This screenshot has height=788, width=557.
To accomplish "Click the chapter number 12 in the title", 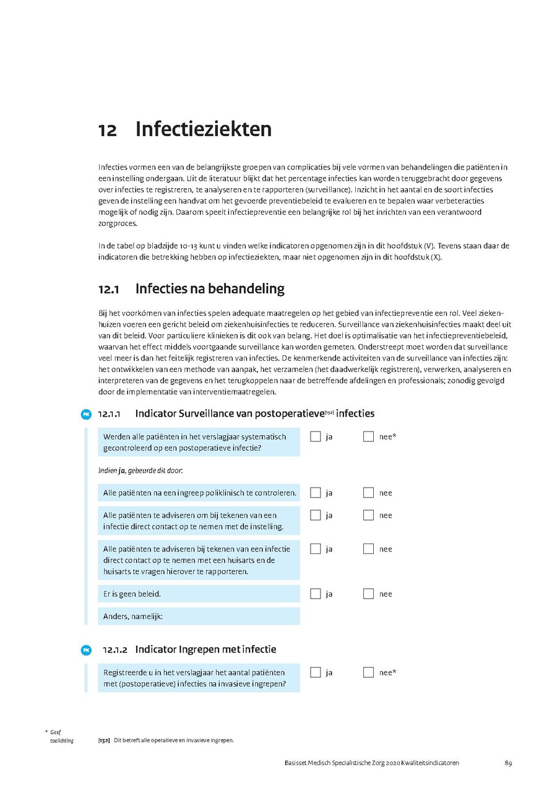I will click(107, 130).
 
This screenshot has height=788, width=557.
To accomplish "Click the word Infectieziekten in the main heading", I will click(203, 129).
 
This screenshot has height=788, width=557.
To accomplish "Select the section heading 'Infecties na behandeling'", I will click(209, 288).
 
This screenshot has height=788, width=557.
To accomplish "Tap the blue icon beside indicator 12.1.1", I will click(87, 413).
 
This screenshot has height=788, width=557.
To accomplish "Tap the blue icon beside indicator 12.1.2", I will click(87, 650).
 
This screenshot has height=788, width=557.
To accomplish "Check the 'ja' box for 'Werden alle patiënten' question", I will click(316, 436).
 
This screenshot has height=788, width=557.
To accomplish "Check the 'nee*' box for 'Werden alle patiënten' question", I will click(369, 436).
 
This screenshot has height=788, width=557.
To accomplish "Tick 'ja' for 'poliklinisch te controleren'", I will click(316, 493).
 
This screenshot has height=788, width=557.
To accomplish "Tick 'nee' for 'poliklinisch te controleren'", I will click(369, 493).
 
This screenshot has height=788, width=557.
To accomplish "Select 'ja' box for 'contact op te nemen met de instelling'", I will click(316, 515).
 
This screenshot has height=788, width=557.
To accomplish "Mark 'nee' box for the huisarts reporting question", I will click(369, 549).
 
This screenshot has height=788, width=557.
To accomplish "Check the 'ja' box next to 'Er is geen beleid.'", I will click(316, 594).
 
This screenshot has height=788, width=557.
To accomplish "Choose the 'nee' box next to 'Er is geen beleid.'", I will click(369, 594).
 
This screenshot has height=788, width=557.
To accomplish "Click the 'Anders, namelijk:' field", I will click(199, 616).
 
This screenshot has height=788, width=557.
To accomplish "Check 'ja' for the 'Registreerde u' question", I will click(316, 672).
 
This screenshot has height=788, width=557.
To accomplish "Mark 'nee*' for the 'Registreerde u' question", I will click(369, 672).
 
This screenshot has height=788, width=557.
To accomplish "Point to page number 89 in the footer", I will click(508, 763).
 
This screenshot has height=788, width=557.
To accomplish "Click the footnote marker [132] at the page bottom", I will click(104, 740).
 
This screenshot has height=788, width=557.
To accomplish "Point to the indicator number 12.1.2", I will click(116, 650).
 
